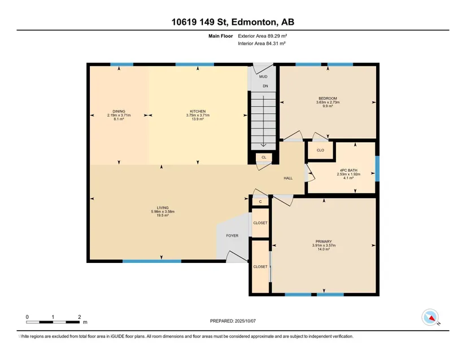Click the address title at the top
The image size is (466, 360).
click(x=233, y=22)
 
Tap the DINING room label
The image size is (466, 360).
click(x=119, y=112)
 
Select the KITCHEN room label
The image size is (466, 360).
click(x=198, y=112)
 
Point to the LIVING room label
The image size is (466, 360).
click(x=163, y=208)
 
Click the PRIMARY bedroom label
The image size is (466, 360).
click(x=324, y=242)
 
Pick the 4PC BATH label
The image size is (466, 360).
click(x=349, y=170)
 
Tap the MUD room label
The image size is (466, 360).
click(x=263, y=77)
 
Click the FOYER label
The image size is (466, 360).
click(x=232, y=236)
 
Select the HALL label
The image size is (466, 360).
click(x=288, y=178)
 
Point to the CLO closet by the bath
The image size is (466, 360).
click(x=320, y=150)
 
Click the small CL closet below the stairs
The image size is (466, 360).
click(x=264, y=157)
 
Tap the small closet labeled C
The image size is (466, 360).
click(x=260, y=202)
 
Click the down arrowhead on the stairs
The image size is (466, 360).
click(x=263, y=145)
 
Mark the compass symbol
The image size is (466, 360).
click(x=430, y=318)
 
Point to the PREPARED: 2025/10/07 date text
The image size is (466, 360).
click(x=233, y=321)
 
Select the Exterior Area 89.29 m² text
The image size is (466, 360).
click(x=263, y=36)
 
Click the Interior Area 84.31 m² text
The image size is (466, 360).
click(x=262, y=43)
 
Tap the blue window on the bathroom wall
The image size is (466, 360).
click(x=377, y=168)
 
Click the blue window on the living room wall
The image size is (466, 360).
click(x=152, y=261)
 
